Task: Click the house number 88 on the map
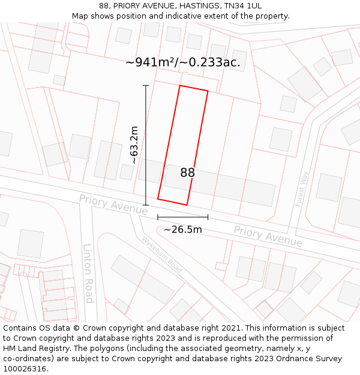point(187,173)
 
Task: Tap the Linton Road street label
point(88,273)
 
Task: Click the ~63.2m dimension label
point(134,145)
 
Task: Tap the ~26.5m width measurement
point(182,229)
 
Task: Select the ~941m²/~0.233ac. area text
point(183,62)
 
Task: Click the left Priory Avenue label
point(113,205)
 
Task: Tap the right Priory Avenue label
point(268,236)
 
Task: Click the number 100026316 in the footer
point(26,369)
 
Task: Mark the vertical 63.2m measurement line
point(146,145)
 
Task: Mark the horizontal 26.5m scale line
point(182,217)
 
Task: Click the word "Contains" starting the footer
point(21,328)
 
